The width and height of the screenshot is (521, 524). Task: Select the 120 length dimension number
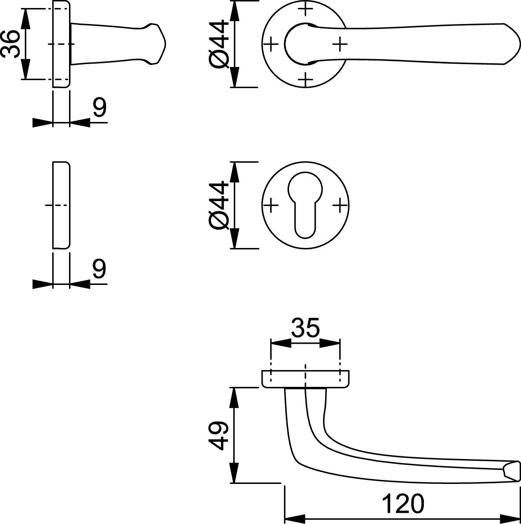[403, 504]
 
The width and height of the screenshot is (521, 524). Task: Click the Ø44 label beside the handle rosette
[219, 44]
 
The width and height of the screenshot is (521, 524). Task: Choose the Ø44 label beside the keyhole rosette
[219, 206]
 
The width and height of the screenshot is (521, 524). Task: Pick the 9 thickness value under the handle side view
[100, 108]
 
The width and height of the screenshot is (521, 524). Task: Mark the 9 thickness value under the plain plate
[100, 269]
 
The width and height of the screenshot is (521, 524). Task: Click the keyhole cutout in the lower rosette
[305, 205]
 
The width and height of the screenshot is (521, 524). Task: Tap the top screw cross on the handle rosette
[305, 9]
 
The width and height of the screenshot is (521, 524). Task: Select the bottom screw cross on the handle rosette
[305, 80]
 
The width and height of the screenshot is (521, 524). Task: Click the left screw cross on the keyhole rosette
[271, 205]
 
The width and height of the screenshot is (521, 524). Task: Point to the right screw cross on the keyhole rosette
[340, 205]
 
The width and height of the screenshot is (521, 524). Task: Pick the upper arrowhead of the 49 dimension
[235, 398]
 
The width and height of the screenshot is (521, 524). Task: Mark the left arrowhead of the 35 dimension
[281, 343]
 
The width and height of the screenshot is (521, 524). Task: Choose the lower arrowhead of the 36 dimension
[25, 69]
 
